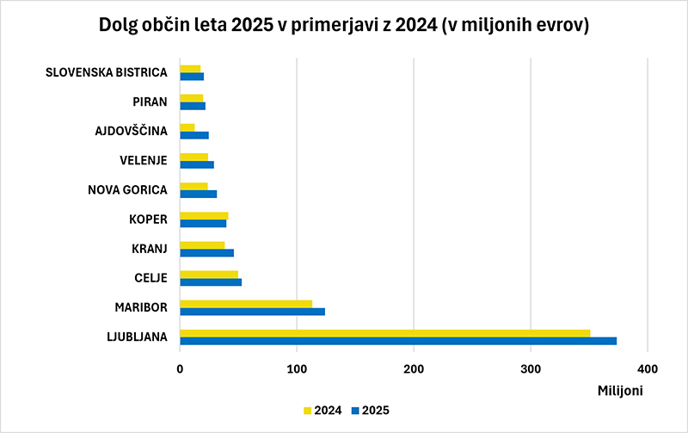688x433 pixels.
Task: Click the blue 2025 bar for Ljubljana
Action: point(398,341)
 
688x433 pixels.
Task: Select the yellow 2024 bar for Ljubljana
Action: point(385,333)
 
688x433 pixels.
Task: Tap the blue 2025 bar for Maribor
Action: point(253,312)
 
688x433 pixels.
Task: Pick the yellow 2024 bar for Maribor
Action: point(246,304)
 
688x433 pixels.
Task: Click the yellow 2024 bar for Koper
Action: point(204,215)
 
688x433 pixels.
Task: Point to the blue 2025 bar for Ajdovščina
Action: point(194,135)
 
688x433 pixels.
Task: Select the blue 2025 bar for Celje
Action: point(211,282)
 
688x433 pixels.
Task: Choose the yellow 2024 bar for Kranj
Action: point(202,245)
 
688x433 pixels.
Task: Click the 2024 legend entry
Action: point(322,411)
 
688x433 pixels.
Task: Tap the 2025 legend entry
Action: point(371,411)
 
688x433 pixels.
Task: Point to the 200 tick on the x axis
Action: point(414,369)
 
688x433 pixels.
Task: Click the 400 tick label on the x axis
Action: point(648,369)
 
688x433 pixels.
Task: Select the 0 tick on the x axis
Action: point(180,369)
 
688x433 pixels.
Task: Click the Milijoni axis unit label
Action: point(620,391)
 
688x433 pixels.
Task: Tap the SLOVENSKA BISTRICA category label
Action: point(106,72)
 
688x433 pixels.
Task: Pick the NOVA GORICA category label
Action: point(127,190)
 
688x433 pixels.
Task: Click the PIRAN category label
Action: point(150,102)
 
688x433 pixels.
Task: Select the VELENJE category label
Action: point(144,161)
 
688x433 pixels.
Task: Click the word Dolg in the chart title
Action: point(118,26)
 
